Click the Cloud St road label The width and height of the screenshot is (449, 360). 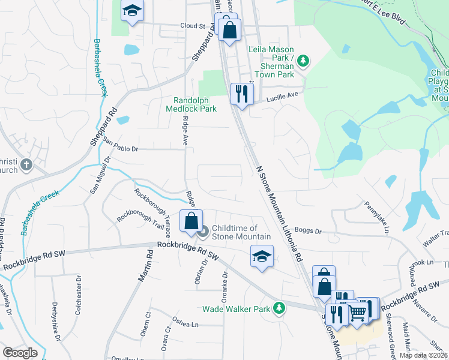[193, 26]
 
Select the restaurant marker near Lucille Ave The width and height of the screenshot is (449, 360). [242, 94]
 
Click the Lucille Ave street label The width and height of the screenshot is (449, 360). [282, 95]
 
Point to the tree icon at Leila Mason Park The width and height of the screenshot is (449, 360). [304, 61]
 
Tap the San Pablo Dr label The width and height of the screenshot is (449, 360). [120, 145]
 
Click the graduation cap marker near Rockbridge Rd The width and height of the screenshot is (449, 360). [261, 256]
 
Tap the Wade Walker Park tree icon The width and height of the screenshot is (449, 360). [279, 308]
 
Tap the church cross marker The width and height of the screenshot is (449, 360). [26, 164]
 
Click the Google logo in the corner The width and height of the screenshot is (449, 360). [19, 353]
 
